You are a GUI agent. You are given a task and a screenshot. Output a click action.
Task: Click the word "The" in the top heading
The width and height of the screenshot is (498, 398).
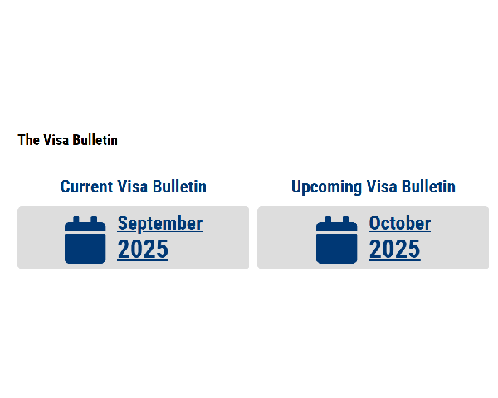coord(28,140)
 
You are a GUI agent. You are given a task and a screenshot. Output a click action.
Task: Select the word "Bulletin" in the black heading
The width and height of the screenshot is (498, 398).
coord(95,140)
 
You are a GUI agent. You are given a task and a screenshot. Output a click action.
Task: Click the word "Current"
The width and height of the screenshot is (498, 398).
coord(86,187)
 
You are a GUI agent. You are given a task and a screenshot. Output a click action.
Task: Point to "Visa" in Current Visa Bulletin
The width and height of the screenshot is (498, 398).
coord(133,187)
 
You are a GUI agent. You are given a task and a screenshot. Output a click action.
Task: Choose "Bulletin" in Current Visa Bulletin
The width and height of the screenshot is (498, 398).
coord(179,187)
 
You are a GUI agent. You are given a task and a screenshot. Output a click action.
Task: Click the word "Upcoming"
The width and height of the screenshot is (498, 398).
coord(326,187)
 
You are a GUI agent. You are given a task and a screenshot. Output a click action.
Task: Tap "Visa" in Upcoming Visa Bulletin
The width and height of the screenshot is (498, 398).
coord(382,187)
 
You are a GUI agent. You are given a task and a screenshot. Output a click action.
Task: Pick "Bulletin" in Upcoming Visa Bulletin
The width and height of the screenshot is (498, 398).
coord(429,187)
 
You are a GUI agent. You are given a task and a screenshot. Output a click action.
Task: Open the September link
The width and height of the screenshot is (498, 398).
coord(160,224)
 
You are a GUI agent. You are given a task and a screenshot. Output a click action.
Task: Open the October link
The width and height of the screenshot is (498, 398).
coord(400,223)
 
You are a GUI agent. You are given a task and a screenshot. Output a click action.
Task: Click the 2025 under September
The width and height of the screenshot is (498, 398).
coord(143,250)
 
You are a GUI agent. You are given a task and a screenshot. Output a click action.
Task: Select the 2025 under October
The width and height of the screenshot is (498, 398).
coord(395,250)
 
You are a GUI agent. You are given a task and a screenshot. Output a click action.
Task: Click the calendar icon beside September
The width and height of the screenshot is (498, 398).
coord(85,240)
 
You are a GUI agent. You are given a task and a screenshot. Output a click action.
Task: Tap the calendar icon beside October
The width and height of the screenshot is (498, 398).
coord(337,240)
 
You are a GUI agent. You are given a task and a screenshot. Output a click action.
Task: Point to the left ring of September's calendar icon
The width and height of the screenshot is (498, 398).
coord(76,220)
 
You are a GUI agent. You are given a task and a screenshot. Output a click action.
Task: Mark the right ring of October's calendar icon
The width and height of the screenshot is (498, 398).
coord(345,220)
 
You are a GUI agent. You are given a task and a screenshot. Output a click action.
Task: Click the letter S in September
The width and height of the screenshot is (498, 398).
coord(122,223)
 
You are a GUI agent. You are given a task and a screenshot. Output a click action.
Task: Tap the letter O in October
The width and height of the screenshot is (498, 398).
coord(374,223)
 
